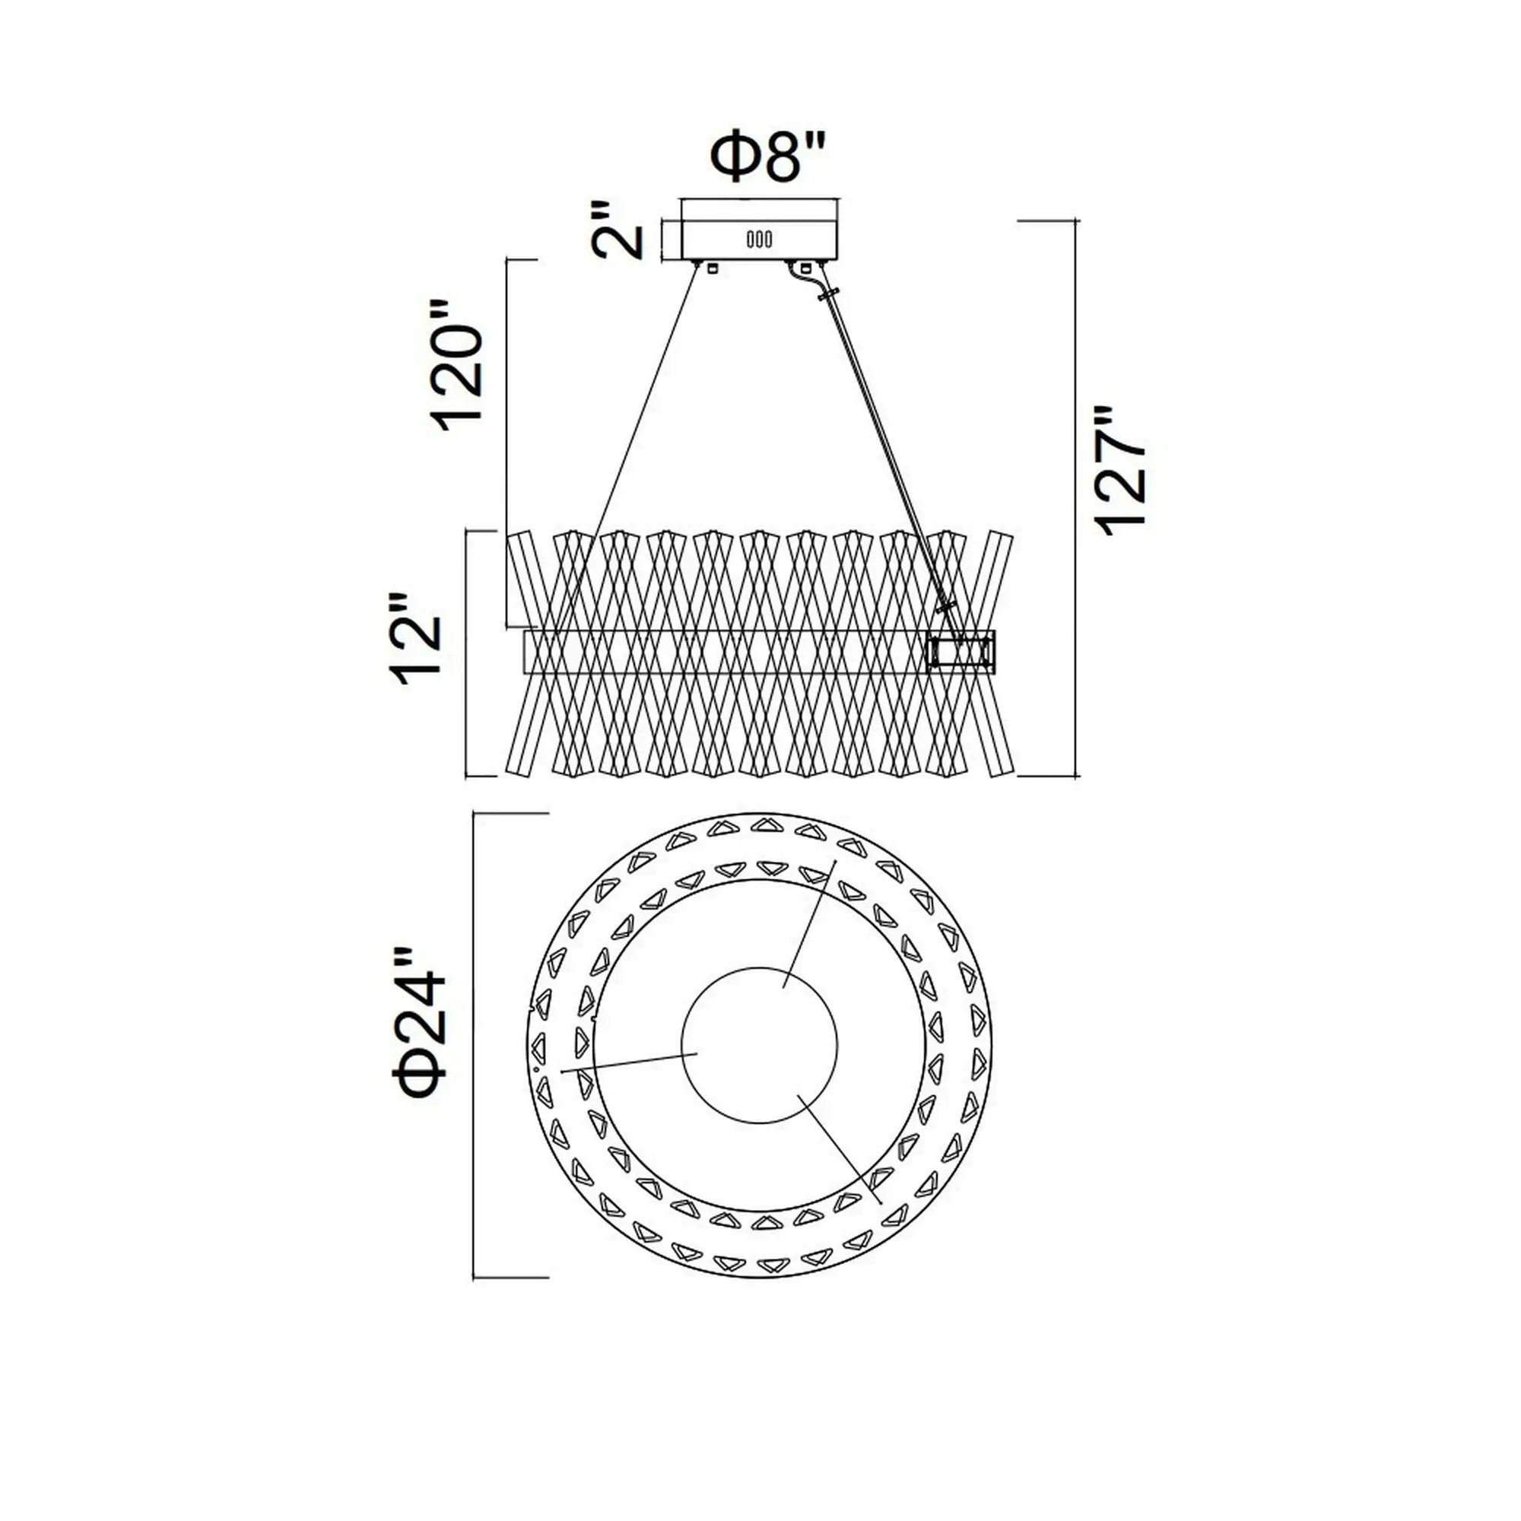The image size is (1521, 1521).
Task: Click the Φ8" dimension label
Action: (769, 158)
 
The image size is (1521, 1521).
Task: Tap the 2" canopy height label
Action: (618, 230)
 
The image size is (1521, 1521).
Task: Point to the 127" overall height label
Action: (1120, 471)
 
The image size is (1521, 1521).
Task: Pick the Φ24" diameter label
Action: (421, 1023)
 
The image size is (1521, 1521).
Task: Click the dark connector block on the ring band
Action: (961, 652)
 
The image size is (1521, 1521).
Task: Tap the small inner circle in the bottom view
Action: (759, 1046)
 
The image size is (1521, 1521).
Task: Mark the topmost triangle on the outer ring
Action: (766, 824)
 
